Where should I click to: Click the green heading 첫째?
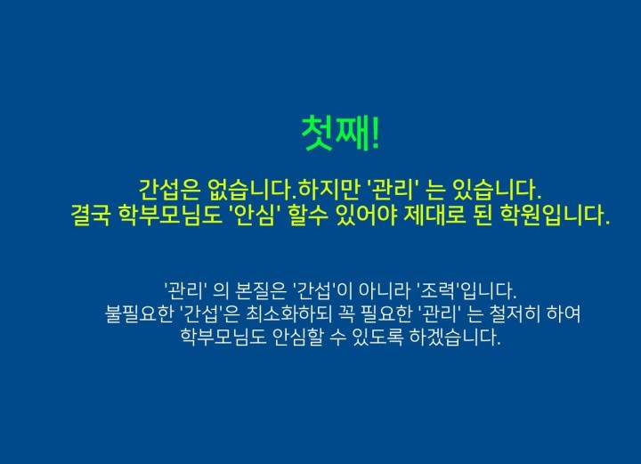[x=340, y=134]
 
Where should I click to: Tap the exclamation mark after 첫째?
[x=376, y=134]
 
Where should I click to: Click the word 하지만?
[x=328, y=190]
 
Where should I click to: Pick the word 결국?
[x=90, y=215]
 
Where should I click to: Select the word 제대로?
[x=434, y=215]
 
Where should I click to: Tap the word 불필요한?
[x=139, y=313]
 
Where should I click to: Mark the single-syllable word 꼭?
[x=345, y=314]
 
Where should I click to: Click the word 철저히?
[x=514, y=313]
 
